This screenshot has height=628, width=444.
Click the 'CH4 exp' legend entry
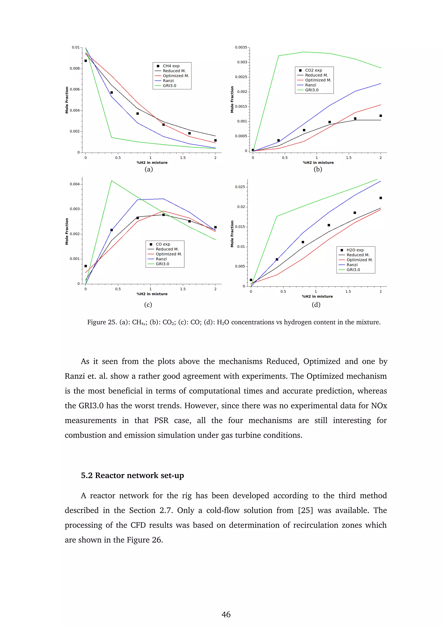point(171,66)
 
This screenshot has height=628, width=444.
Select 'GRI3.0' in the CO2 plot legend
point(312,90)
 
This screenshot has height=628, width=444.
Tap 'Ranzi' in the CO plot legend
point(161,259)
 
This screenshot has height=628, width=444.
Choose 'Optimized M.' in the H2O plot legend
point(359,260)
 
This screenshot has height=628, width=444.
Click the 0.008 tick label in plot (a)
point(74,68)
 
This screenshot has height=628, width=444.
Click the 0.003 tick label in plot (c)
point(74,209)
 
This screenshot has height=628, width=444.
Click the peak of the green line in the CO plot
point(112,181)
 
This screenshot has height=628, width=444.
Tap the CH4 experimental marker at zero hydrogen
point(86,61)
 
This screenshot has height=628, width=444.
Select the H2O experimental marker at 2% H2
point(380,198)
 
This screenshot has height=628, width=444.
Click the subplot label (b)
point(318,169)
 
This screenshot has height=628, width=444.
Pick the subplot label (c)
point(148,305)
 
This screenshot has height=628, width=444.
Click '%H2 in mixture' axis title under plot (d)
point(317,296)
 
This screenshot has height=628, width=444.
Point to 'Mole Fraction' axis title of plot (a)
point(67,100)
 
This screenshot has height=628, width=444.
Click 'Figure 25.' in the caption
point(102,322)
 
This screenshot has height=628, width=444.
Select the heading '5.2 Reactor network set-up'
point(132,475)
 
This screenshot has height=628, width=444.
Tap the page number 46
point(226,615)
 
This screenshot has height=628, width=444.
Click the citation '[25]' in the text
point(305,510)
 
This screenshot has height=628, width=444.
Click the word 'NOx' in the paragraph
point(379,406)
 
